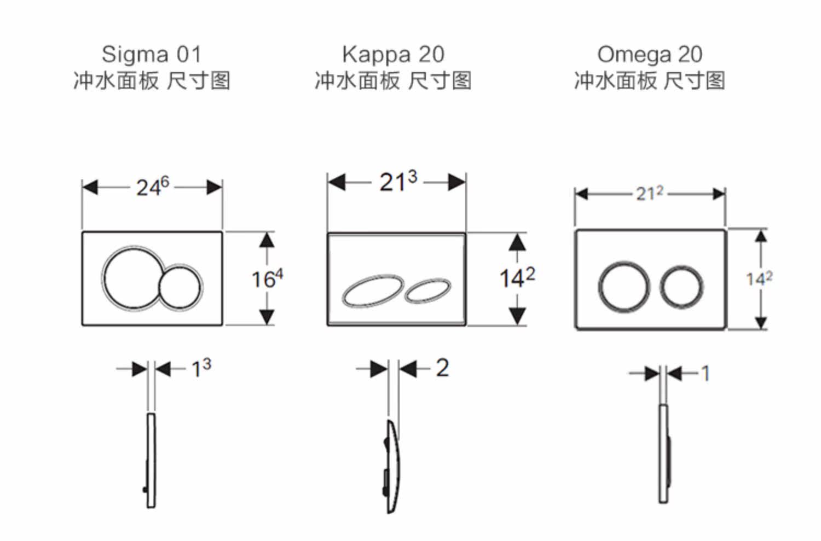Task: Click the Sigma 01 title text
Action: (152, 55)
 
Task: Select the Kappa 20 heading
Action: (394, 55)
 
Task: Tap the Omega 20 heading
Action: (650, 55)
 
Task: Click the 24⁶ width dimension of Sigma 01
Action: (153, 187)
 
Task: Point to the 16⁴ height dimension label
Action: (267, 279)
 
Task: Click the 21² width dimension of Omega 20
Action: (650, 194)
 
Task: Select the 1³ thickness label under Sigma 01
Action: (201, 369)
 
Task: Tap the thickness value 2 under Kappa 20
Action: (442, 368)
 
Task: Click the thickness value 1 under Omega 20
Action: (706, 374)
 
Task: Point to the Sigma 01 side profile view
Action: (151, 461)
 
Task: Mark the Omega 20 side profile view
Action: (664, 454)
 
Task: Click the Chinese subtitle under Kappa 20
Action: (394, 80)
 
